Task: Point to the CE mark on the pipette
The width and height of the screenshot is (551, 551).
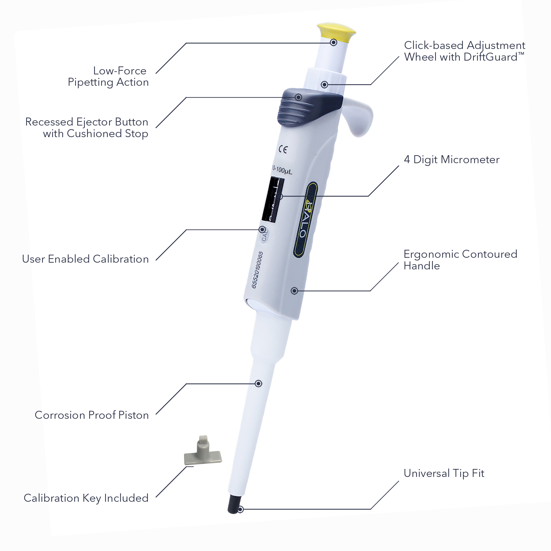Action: point(283,150)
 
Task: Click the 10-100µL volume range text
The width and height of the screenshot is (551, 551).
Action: point(282,170)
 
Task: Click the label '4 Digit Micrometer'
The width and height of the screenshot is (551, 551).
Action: point(452,159)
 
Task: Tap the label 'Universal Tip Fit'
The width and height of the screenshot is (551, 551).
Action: point(444,473)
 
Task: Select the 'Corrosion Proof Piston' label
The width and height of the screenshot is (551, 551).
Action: point(92,415)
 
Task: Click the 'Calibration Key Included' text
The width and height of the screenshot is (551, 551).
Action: point(86,498)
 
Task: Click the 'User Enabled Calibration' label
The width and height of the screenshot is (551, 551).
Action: point(85,259)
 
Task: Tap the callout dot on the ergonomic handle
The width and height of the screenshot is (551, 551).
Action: point(294,290)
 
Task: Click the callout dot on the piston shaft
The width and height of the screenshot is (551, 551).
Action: point(258,384)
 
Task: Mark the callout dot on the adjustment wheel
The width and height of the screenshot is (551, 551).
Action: point(324,84)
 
